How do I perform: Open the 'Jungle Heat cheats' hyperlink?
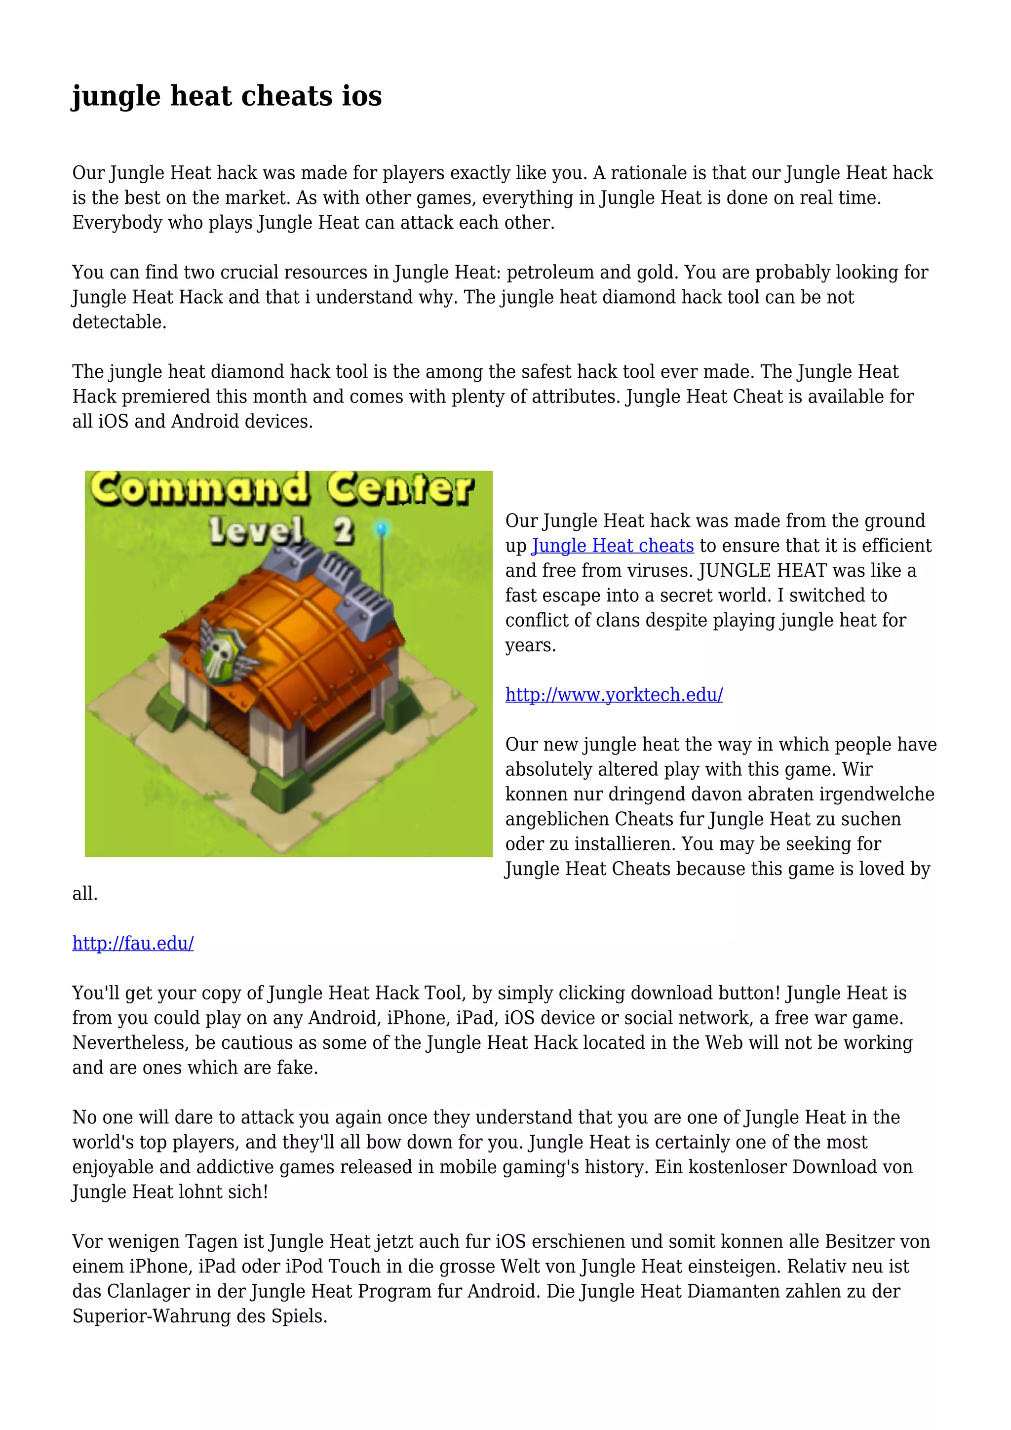(613, 546)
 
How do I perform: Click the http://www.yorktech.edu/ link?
(614, 694)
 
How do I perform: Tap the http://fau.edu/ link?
(133, 943)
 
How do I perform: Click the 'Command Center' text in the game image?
(283, 489)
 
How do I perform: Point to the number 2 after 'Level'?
(343, 531)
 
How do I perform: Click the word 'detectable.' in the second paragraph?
(119, 322)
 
